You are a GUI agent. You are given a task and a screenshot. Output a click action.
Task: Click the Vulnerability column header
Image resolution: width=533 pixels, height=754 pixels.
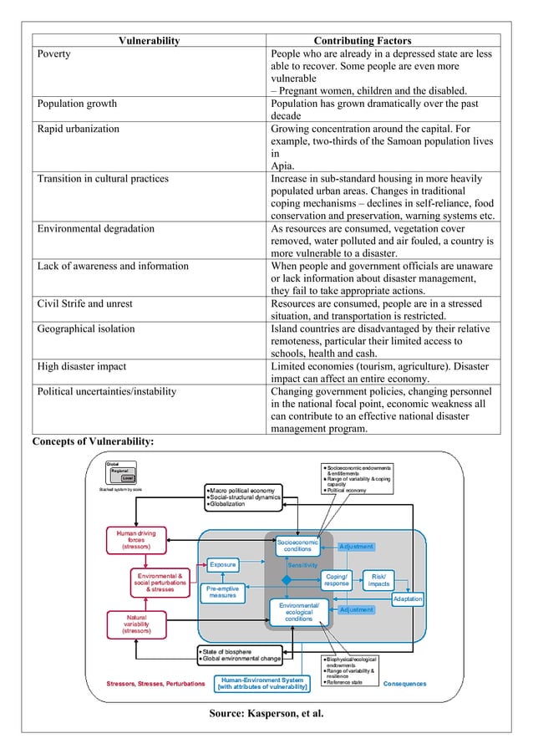click(x=149, y=40)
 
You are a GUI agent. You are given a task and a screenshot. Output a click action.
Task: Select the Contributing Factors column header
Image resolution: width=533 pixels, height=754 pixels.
click(x=362, y=40)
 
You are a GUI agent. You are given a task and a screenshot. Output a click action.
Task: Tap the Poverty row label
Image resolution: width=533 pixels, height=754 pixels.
click(x=53, y=54)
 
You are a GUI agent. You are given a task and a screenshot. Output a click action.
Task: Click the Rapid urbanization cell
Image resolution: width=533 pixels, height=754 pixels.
click(x=78, y=129)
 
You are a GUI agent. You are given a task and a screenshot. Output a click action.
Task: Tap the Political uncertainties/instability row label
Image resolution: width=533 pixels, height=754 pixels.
click(x=107, y=390)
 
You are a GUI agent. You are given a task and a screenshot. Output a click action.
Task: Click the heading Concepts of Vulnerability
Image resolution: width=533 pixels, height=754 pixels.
click(x=93, y=441)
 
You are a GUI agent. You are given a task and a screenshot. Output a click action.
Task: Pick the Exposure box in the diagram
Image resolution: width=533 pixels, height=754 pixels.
click(x=222, y=564)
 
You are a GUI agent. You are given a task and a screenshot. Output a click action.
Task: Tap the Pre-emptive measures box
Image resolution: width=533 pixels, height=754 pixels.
click(x=222, y=592)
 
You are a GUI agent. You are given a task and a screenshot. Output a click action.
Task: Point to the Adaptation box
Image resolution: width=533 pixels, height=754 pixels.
click(x=407, y=599)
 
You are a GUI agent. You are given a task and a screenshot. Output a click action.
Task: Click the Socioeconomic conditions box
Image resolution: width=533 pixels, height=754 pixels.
click(x=297, y=545)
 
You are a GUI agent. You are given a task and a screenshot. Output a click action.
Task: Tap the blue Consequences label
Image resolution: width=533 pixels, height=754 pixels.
click(x=404, y=684)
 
